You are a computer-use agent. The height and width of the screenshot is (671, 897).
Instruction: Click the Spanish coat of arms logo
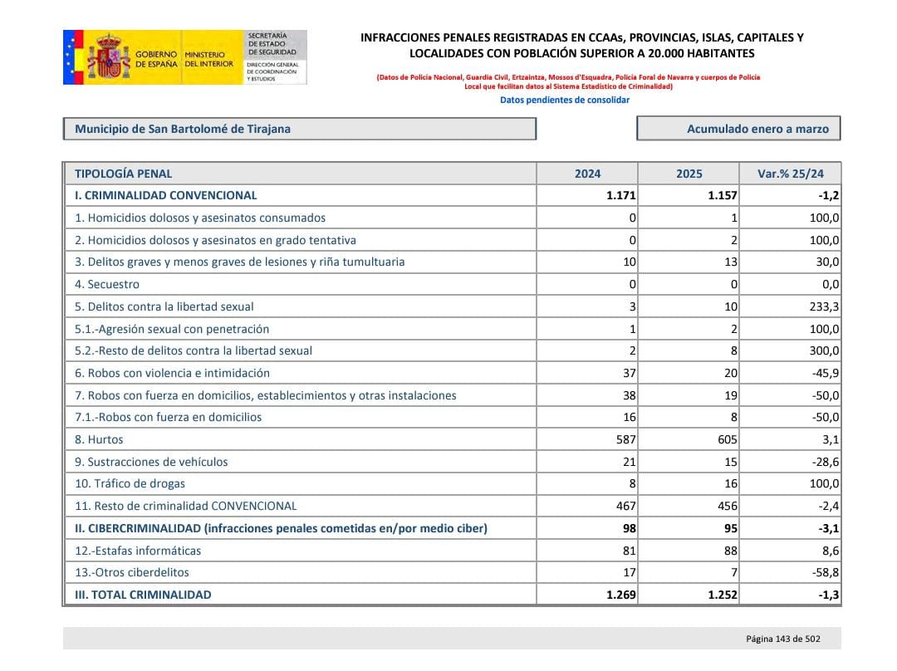[x=108, y=57]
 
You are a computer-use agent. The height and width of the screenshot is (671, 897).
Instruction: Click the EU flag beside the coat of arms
[x=73, y=57]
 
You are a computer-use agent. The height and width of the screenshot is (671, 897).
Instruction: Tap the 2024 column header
[x=587, y=174]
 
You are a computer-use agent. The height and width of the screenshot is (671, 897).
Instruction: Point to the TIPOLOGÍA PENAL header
[x=124, y=174]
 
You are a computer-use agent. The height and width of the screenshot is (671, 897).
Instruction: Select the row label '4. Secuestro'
[x=107, y=284]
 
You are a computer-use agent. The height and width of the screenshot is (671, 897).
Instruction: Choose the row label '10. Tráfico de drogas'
[x=130, y=483]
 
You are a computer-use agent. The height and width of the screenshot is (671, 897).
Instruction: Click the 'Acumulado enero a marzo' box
[x=738, y=129]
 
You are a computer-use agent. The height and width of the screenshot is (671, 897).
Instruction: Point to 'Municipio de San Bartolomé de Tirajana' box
[x=183, y=129]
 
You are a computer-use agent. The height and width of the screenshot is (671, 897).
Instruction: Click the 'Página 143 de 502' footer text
[x=782, y=639]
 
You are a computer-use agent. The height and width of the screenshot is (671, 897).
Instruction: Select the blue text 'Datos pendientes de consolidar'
[x=564, y=100]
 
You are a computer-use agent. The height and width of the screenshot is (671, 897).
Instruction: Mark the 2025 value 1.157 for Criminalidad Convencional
[x=723, y=196]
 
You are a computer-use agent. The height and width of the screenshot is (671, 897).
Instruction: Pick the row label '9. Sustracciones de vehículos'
[x=151, y=462]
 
